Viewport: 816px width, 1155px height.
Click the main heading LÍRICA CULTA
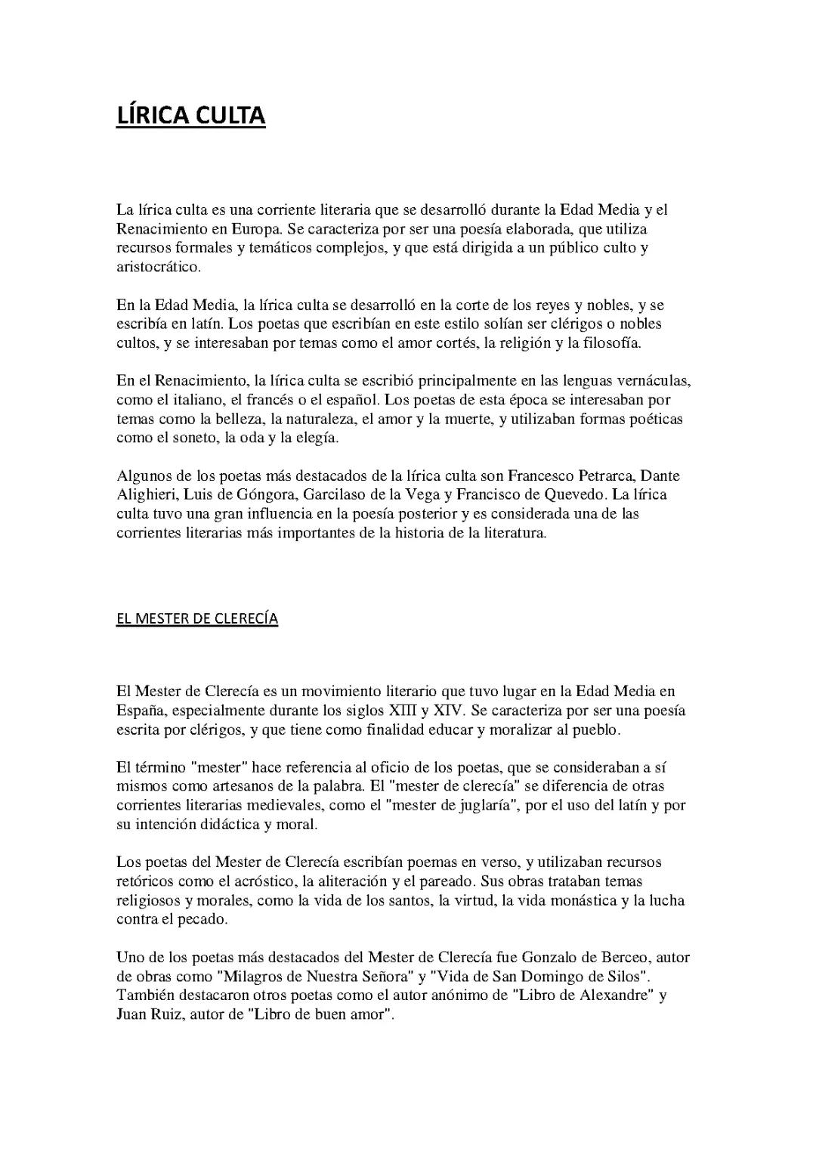[190, 116]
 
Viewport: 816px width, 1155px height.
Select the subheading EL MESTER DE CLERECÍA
[197, 619]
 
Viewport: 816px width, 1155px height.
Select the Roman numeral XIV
[448, 711]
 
